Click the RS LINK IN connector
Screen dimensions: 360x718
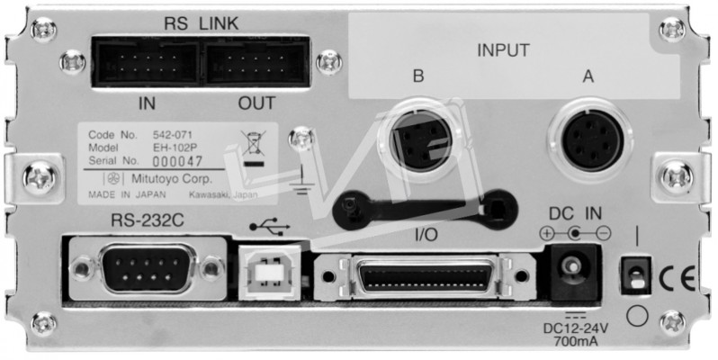(x=146, y=64)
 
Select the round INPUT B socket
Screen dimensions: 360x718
(x=420, y=141)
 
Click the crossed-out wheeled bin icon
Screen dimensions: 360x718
(x=255, y=148)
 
